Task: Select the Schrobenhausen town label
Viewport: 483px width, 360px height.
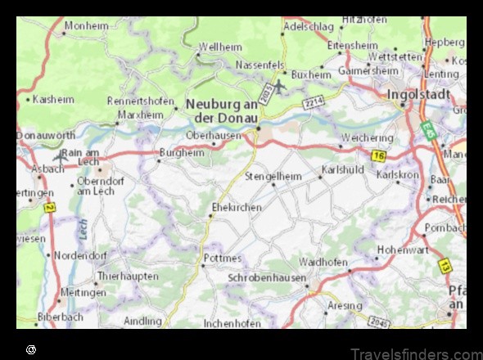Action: point(267,278)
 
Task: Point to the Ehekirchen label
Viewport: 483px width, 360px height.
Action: point(237,207)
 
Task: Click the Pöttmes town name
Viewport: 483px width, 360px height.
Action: point(222,259)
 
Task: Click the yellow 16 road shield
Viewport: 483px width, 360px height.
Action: point(377,154)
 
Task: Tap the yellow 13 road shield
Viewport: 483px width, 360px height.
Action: point(444,266)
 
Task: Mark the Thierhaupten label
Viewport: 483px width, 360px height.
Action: point(127,276)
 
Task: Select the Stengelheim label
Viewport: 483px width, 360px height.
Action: point(273,176)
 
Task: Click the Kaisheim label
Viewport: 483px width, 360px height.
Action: point(54,99)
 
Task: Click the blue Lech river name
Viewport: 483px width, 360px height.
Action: point(84,229)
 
